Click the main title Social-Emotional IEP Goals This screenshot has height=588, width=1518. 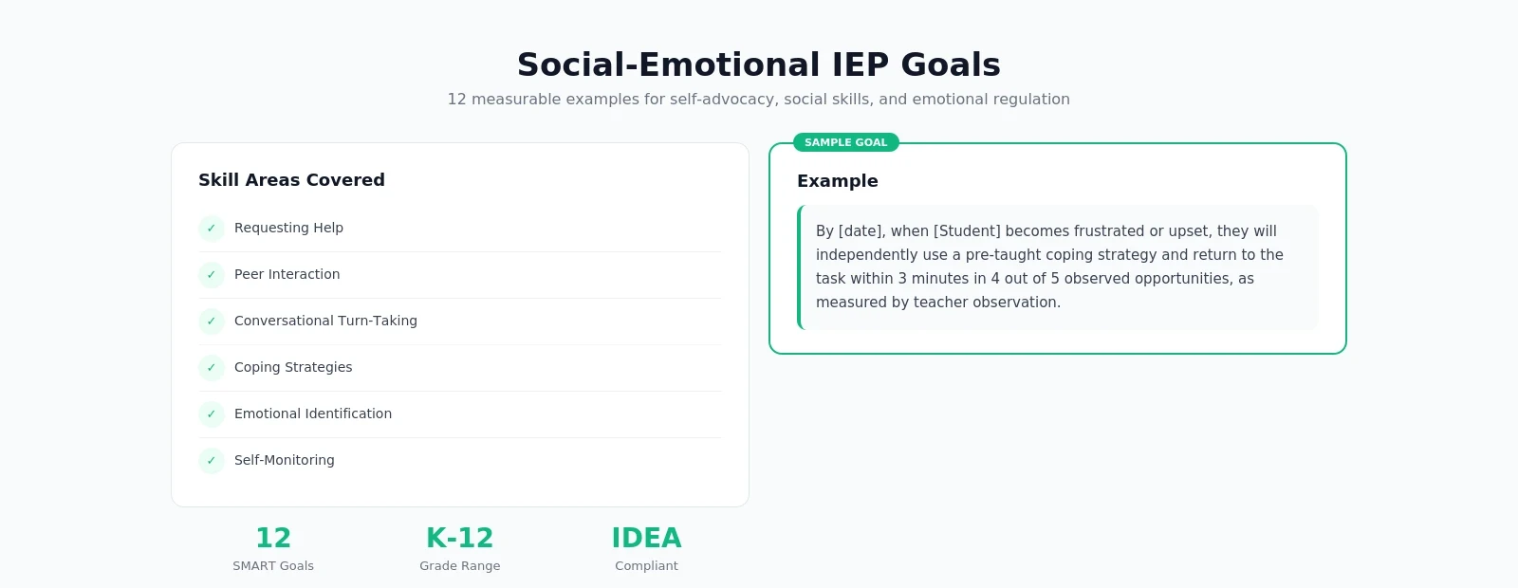758,64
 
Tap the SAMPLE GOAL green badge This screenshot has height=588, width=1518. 845,142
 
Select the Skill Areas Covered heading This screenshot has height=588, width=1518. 291,180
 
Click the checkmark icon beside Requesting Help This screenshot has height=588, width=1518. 211,229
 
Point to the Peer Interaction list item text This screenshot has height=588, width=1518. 287,274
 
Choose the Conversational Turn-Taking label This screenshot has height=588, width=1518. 325,321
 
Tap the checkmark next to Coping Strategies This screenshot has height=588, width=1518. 211,368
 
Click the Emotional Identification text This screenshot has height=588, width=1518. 312,413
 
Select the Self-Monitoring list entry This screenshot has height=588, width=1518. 284,460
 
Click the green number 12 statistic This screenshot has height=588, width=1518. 273,538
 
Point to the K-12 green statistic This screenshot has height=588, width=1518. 460,538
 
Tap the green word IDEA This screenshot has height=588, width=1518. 646,538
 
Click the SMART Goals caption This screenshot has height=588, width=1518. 273,566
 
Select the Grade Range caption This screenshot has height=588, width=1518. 460,566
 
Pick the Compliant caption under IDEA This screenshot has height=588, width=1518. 646,566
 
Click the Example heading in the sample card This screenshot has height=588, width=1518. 837,181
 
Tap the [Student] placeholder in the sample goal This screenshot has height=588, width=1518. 967,231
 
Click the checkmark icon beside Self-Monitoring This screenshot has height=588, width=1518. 211,461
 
